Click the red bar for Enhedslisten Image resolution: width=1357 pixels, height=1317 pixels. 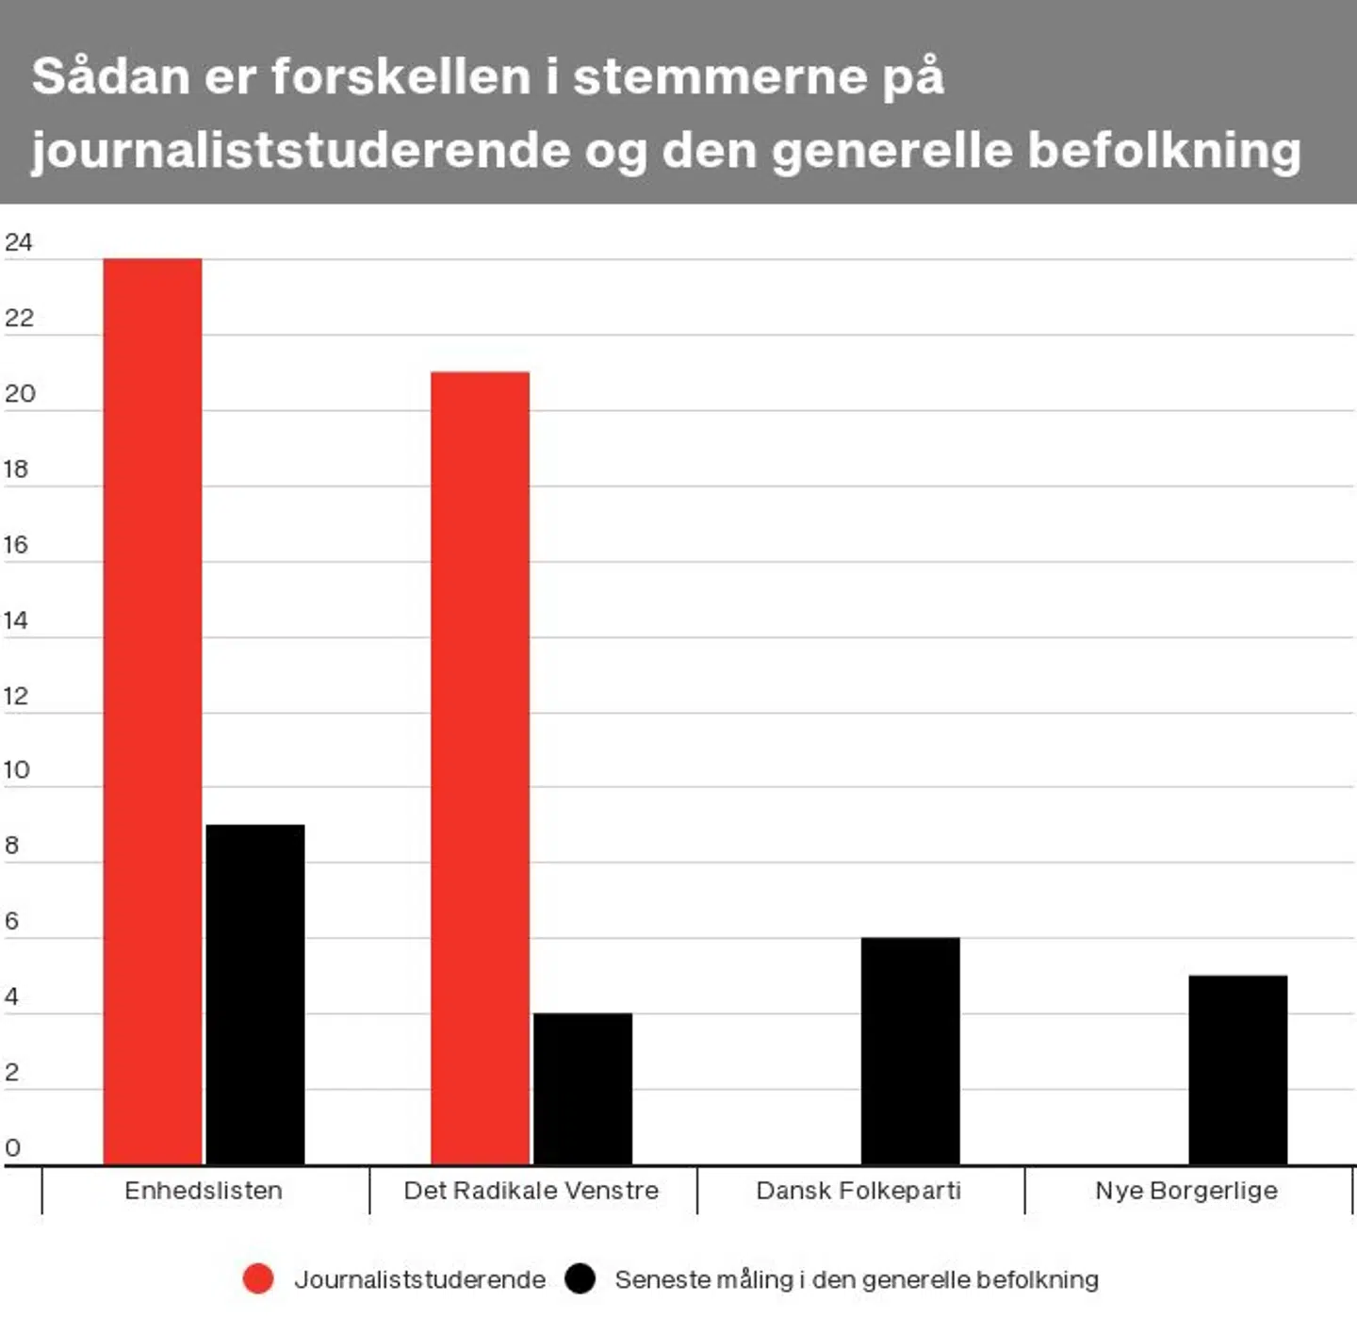tap(153, 711)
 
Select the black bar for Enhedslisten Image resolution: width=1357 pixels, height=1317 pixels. tap(255, 994)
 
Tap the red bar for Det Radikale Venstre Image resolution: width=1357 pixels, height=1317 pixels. tap(480, 767)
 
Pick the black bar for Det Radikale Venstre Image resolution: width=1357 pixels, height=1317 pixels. tap(582, 1088)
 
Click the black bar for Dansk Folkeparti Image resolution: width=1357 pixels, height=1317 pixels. tap(910, 1050)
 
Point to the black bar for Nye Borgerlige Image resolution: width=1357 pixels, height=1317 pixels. tap(1237, 1069)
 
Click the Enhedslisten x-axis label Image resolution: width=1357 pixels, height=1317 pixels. tap(204, 1191)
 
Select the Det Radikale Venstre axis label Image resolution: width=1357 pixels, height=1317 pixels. tap(531, 1191)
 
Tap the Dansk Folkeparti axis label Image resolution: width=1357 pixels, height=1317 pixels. tap(858, 1191)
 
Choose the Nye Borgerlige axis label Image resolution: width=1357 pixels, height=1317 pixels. tap(1186, 1191)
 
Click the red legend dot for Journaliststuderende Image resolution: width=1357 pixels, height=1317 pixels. tap(258, 1278)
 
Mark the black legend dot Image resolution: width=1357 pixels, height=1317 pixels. tap(580, 1278)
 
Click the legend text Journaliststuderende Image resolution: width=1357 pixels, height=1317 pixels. tap(419, 1279)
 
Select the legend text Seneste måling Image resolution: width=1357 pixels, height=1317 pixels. tap(856, 1279)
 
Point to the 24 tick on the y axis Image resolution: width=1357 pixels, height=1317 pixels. tap(18, 242)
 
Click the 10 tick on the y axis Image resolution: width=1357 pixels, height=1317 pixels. tap(16, 770)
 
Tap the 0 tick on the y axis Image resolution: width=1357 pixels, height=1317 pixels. tap(12, 1147)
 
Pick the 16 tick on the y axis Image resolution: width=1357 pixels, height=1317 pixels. tap(16, 545)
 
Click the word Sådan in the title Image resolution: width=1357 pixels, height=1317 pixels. tap(111, 75)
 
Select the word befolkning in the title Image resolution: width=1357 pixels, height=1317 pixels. tap(1165, 151)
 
